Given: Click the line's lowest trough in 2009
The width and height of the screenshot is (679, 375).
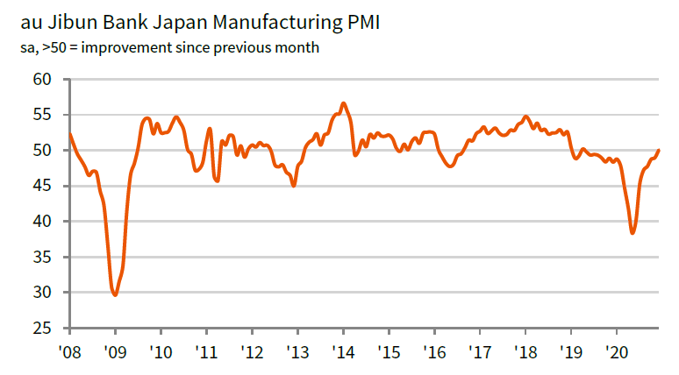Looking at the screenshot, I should pyautogui.click(x=115, y=295).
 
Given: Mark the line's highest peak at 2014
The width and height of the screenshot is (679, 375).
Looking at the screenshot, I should pyautogui.click(x=343, y=103).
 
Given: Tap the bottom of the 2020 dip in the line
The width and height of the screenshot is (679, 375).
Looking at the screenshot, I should pyautogui.click(x=633, y=233).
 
